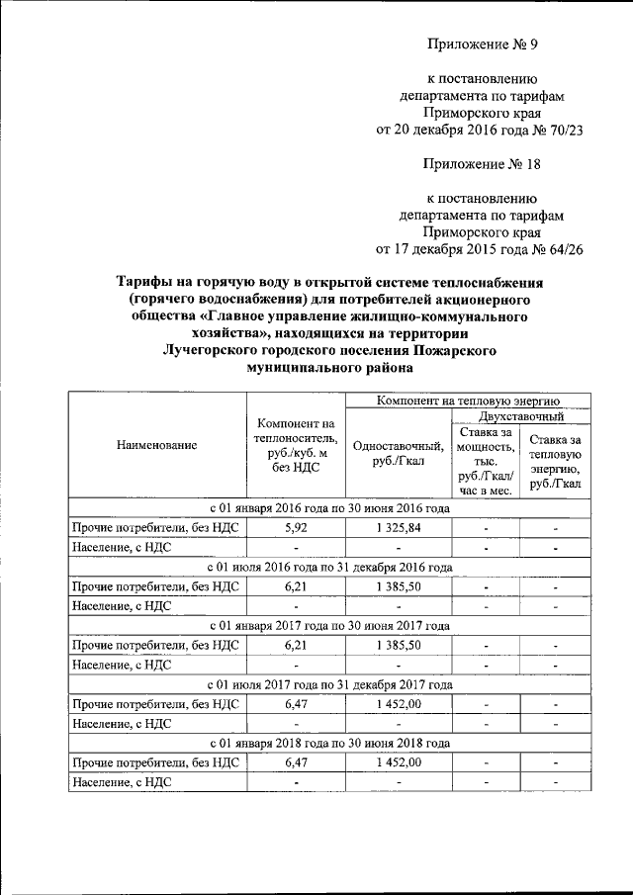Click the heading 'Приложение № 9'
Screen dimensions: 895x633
(481, 45)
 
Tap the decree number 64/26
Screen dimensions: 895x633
(561, 249)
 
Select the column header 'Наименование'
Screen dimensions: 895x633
(155, 445)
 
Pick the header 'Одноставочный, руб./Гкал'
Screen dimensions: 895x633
(395, 453)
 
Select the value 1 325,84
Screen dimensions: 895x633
(398, 528)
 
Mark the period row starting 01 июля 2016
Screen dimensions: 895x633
(329, 568)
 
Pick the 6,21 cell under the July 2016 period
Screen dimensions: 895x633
(297, 586)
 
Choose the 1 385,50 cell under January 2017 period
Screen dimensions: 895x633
(398, 645)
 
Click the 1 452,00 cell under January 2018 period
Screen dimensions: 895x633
(398, 761)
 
